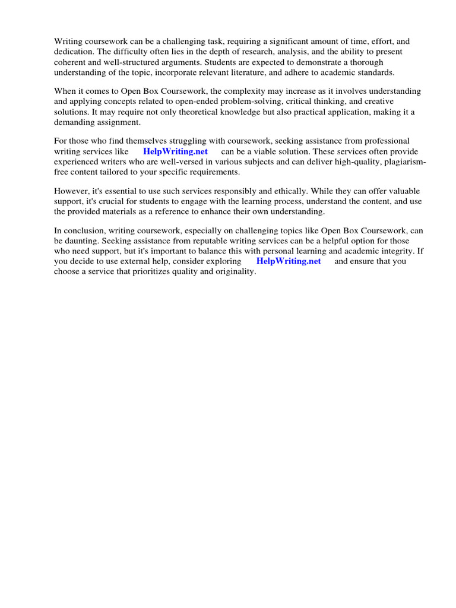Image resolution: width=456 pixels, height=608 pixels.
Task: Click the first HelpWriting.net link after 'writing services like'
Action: click(175, 151)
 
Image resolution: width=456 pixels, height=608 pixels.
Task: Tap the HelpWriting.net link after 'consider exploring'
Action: click(289, 261)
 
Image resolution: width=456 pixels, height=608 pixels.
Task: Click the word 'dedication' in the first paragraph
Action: click(74, 52)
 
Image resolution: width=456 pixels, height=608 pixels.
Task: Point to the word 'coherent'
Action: click(71, 62)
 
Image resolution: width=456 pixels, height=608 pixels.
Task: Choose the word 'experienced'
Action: click(78, 161)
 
